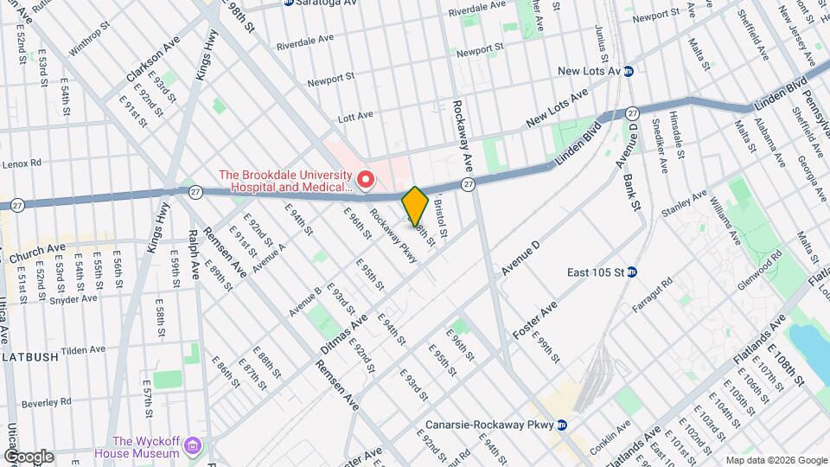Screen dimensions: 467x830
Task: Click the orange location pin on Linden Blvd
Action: tap(415, 206)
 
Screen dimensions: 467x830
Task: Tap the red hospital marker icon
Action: tap(366, 179)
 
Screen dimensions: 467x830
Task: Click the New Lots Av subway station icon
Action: tap(629, 71)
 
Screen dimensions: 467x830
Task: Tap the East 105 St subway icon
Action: tap(632, 272)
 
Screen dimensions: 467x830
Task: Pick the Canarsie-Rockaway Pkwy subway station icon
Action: tap(561, 425)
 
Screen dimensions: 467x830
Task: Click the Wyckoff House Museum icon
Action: tap(194, 446)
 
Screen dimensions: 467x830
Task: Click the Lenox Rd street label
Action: tap(22, 162)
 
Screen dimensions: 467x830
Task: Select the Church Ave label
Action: tap(37, 253)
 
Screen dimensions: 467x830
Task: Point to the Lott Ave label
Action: tap(354, 115)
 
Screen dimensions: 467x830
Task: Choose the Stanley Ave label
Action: tap(683, 204)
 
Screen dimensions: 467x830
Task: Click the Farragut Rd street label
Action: tap(654, 294)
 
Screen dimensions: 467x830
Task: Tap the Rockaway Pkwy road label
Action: tap(393, 235)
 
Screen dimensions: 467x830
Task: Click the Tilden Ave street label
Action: tap(82, 350)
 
